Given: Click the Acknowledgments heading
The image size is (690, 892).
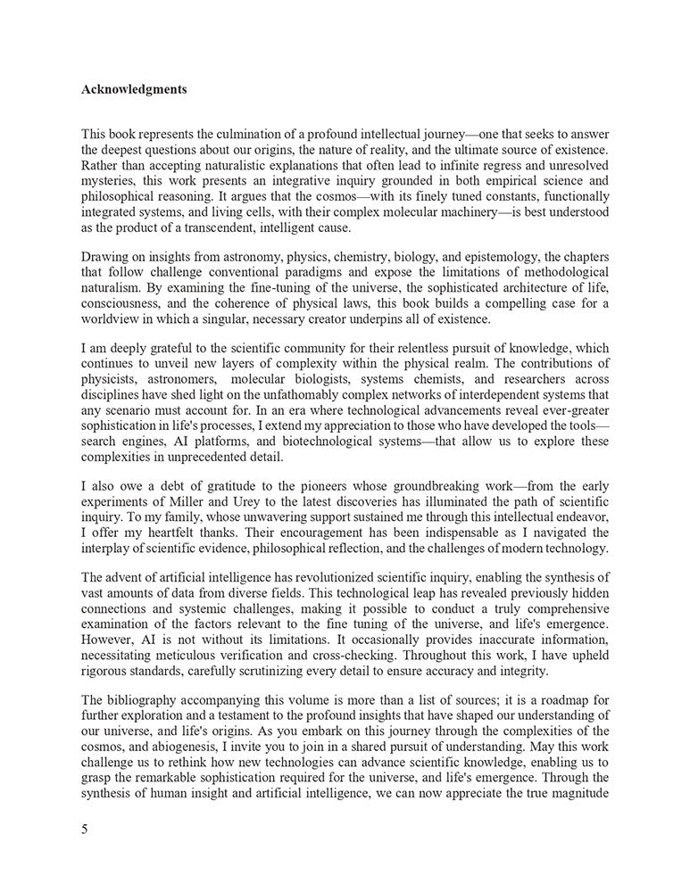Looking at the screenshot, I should (x=134, y=90).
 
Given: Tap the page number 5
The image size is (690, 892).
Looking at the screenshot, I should (x=85, y=830).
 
